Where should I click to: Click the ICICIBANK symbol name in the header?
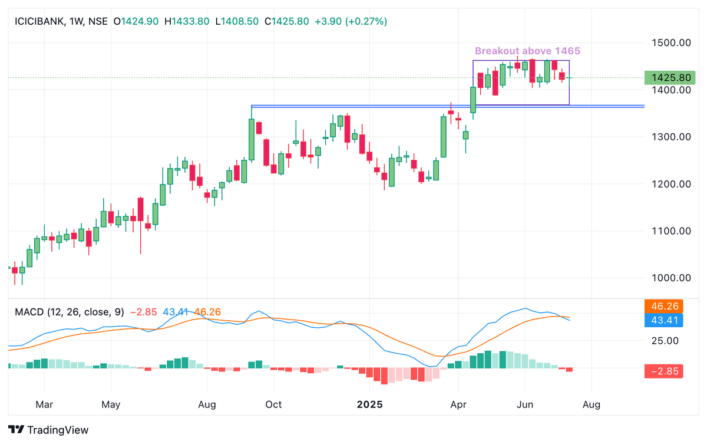[x=38, y=21]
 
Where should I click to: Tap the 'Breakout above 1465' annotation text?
[x=523, y=51]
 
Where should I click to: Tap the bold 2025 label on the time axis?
[x=370, y=405]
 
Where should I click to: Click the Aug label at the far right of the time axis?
[x=592, y=405]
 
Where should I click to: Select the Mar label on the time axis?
[x=45, y=405]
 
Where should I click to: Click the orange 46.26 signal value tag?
[x=664, y=307]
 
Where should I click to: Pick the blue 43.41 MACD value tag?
[x=664, y=320]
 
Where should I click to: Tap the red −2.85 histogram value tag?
[x=664, y=371]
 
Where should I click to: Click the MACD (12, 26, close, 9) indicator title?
[x=70, y=311]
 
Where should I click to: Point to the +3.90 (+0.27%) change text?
[x=351, y=21]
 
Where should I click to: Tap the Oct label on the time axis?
[x=273, y=405]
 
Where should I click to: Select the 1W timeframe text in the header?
[x=76, y=21]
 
